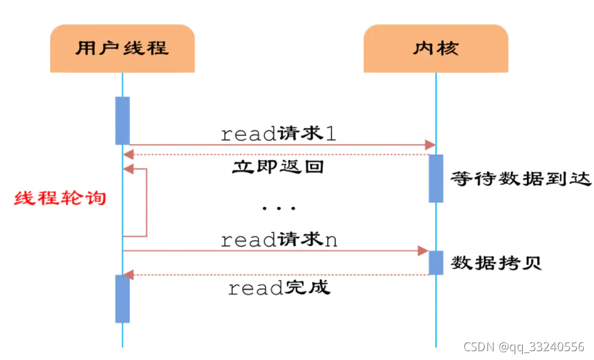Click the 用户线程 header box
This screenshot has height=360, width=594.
tap(122, 48)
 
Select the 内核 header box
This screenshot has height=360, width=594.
tap(435, 48)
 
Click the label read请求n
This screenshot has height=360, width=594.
tap(279, 240)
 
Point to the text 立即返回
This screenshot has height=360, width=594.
tap(278, 167)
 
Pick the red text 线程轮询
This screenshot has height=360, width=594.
tap(60, 198)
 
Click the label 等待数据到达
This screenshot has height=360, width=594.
tap(521, 179)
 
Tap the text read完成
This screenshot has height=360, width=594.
tap(278, 288)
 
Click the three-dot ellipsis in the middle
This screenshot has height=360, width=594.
tap(278, 207)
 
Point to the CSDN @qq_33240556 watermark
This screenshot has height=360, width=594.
tap(524, 347)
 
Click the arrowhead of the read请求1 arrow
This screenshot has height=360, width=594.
tap(430, 145)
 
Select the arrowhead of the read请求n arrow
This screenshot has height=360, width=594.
tap(423, 250)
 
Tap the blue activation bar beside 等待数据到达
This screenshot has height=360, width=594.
tap(436, 179)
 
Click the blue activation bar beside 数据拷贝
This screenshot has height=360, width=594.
tap(436, 262)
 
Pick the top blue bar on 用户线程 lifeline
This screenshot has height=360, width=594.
tap(122, 120)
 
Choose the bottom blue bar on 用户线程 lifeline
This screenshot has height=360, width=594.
tap(122, 298)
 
